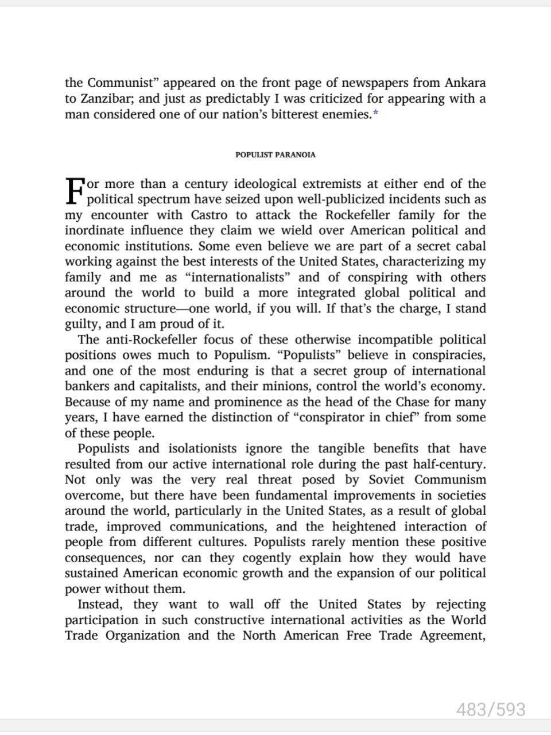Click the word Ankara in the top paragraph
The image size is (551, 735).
pyautogui.click(x=463, y=83)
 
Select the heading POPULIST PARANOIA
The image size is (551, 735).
pyautogui.click(x=275, y=154)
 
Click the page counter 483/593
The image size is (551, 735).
pyautogui.click(x=491, y=710)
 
